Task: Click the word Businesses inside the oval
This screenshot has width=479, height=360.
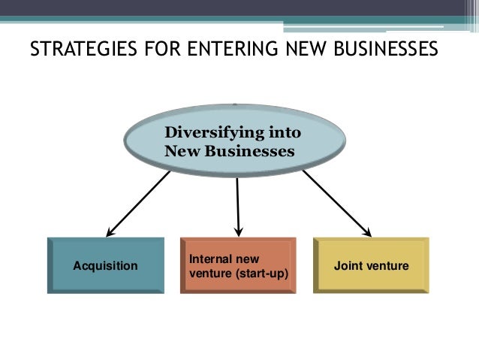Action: (x=252, y=151)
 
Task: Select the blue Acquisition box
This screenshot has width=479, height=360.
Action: (x=105, y=265)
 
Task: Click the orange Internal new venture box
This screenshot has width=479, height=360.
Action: (x=238, y=265)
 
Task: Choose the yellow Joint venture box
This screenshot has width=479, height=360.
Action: (x=371, y=265)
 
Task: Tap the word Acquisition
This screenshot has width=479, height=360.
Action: (x=105, y=265)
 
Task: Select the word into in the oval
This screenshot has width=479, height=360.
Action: (x=284, y=134)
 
